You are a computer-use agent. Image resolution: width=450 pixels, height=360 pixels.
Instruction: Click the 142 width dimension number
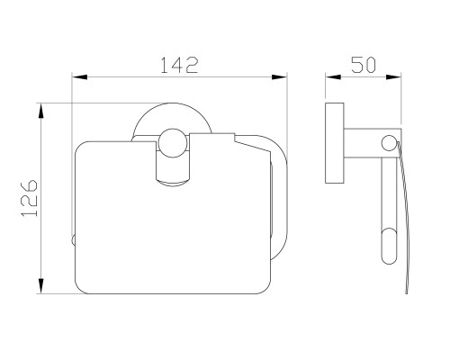click(179, 65)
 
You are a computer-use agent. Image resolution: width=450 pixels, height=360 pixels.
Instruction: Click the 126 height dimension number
click(30, 198)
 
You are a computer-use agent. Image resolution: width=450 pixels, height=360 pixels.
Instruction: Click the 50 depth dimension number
click(364, 65)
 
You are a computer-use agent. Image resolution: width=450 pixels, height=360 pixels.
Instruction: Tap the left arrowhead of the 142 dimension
click(79, 77)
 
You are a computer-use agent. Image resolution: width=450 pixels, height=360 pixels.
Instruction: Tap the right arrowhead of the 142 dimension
click(279, 77)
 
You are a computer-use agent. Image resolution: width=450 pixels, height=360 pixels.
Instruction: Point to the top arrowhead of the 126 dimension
click(41, 111)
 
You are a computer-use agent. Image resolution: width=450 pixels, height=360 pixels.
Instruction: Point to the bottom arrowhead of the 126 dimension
click(41, 286)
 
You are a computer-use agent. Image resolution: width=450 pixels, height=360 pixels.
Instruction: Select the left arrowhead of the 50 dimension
click(333, 77)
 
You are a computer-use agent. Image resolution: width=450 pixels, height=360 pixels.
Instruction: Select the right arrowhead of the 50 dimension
click(393, 77)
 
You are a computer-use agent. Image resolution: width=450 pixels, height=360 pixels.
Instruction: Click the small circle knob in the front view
click(173, 143)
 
